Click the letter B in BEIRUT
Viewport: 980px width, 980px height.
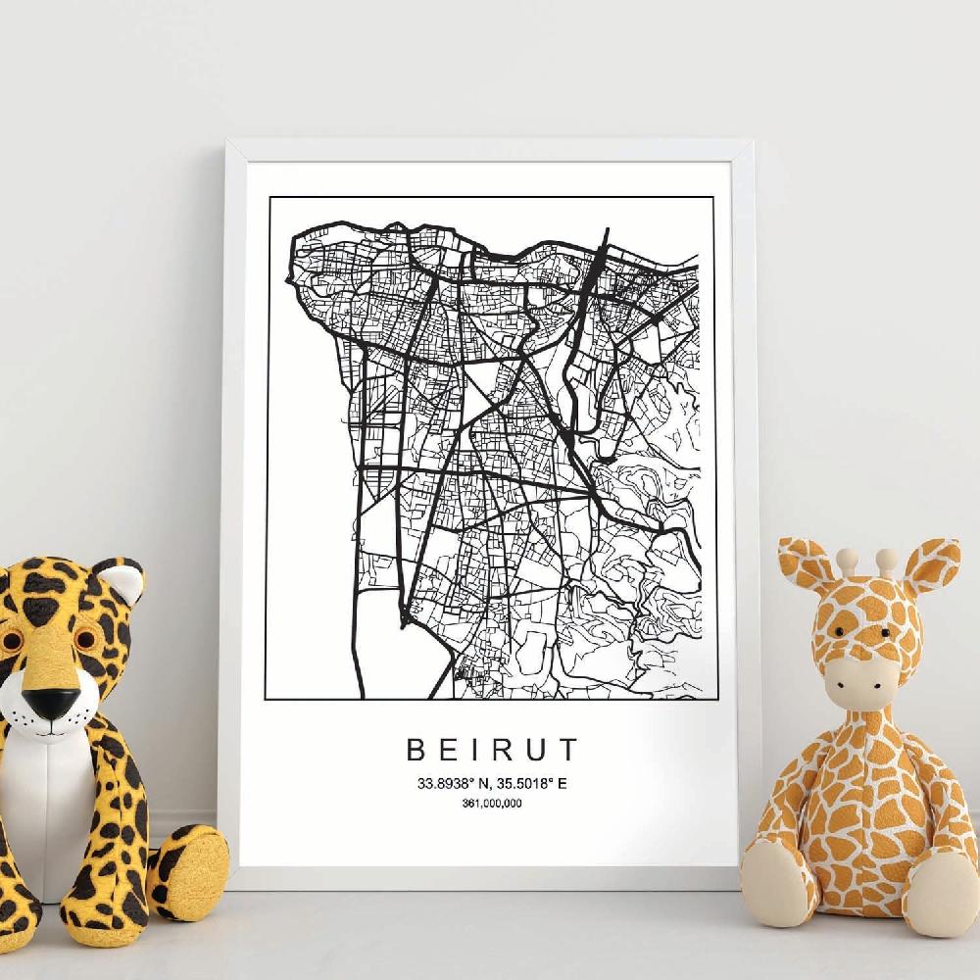tap(416, 751)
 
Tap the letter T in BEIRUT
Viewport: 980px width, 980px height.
tap(568, 751)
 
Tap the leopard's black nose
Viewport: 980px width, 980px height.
tap(52, 702)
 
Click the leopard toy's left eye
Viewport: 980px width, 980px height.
tap(11, 642)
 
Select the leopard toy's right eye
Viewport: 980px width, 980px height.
tap(87, 639)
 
